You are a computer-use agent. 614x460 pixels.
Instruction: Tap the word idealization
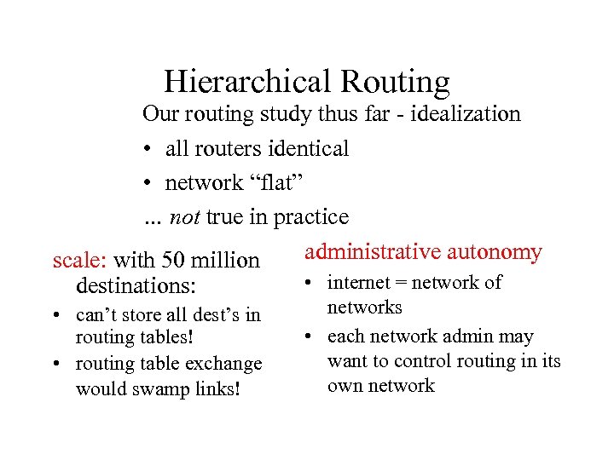pos(466,114)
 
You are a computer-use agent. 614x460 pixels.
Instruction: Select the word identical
pos(308,148)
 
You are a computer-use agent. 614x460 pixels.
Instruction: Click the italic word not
pos(184,217)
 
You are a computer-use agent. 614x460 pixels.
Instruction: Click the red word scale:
pos(80,259)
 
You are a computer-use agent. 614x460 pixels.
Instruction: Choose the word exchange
pos(223,364)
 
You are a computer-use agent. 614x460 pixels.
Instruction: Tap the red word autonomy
pos(495,252)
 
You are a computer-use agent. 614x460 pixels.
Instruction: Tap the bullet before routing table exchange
pos(56,365)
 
